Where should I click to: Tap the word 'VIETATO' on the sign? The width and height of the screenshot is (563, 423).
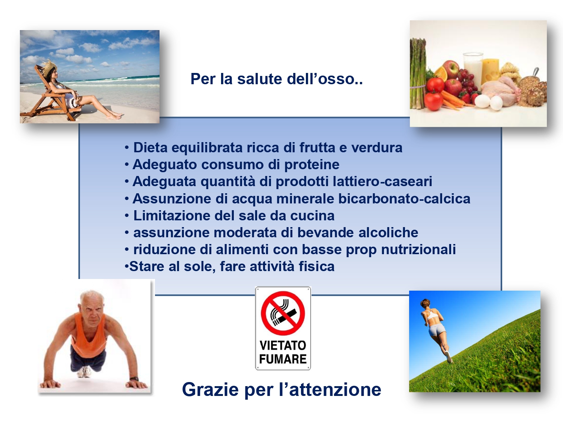pos(283,346)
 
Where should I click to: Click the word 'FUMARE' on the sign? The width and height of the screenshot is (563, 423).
pos(283,359)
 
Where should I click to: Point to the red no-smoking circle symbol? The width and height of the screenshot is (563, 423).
pos(283,313)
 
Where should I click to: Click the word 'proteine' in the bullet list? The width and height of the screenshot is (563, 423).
pos(312,165)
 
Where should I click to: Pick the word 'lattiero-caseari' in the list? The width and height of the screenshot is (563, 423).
pos(382,181)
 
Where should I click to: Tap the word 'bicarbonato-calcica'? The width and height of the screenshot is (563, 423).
pos(404,199)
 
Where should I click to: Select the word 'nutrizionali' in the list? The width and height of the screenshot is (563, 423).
pos(418,249)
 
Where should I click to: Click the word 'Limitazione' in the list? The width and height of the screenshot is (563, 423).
pos(172,215)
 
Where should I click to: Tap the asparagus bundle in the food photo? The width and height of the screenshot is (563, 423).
pos(418,74)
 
